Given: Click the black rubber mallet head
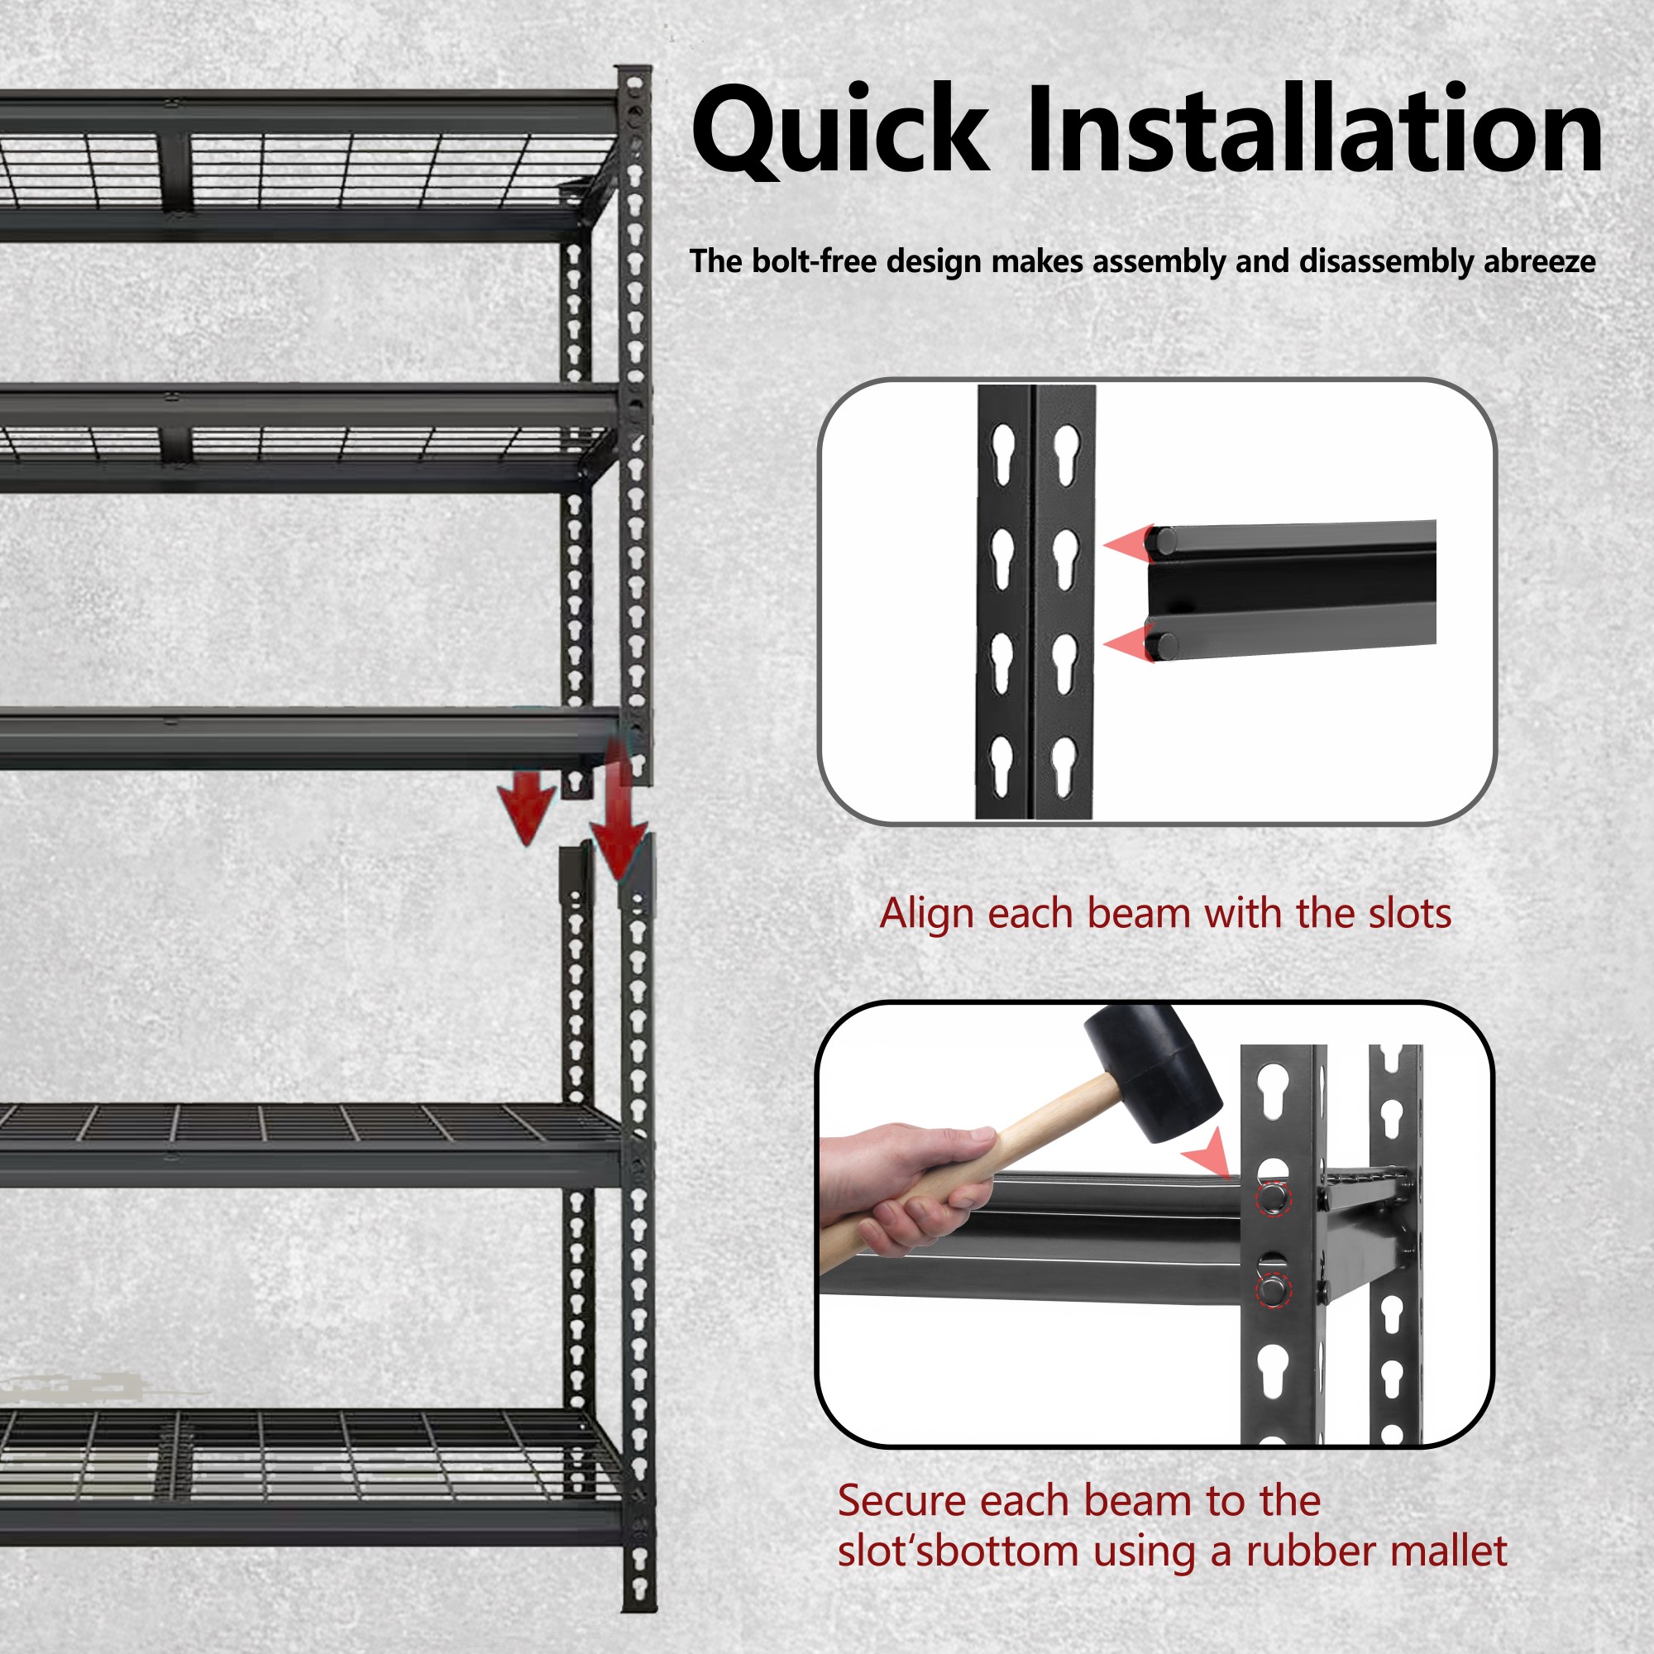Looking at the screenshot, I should (x=1151, y=1072).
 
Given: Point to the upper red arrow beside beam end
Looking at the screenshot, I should (x=1128, y=543).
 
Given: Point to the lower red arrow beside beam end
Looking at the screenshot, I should (x=1128, y=643).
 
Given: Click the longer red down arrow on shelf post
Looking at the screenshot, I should (x=618, y=813).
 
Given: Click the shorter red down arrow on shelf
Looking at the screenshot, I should (x=528, y=809).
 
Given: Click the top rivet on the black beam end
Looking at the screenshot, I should (x=1163, y=541).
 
